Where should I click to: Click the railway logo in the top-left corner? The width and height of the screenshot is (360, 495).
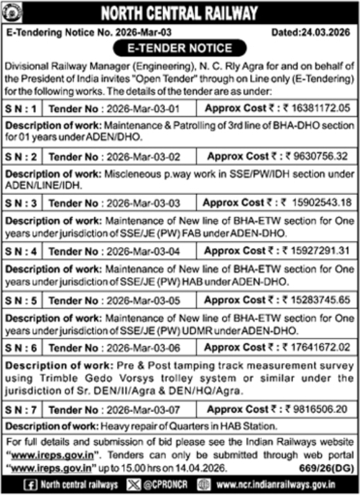coord(12,12)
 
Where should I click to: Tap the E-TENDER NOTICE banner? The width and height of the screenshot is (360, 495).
coord(179,48)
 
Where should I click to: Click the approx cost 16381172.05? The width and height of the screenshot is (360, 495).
coord(319,107)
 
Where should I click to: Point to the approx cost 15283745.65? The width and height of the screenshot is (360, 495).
coord(319,299)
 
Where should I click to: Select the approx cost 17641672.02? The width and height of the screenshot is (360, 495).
coord(319,347)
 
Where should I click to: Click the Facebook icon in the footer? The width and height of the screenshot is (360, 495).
coord(29,484)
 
